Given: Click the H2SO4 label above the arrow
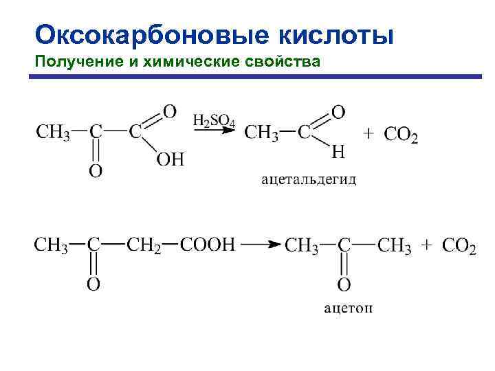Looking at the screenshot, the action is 214,121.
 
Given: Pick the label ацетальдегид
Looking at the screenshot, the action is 309,180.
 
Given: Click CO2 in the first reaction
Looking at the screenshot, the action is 401,134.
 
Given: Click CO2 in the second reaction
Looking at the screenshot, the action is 459,245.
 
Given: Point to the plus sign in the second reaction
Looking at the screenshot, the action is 428,245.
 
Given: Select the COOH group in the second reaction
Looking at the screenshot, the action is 207,245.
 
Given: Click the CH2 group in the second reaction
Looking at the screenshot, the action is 144,245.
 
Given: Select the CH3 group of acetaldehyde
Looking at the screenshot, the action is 261,132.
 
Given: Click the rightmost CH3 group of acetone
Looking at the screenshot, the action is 395,245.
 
